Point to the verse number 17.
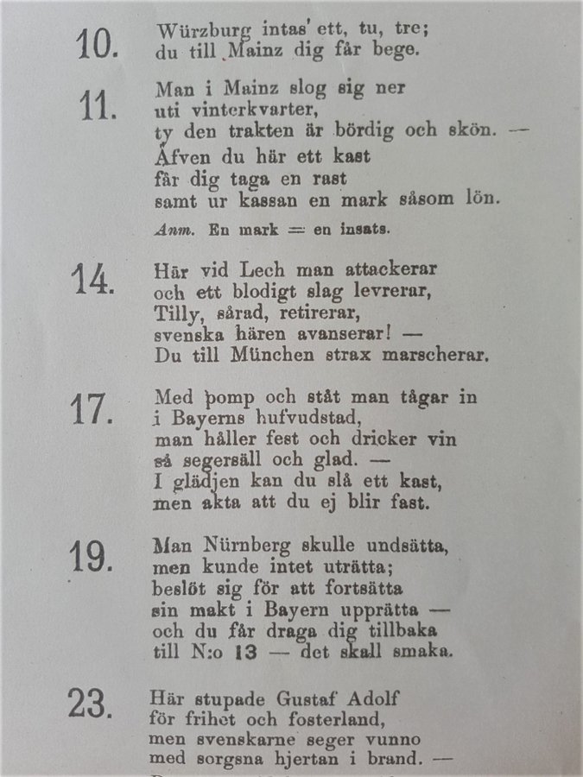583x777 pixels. point(91,409)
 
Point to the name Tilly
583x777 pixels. point(174,313)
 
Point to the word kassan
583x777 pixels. point(261,199)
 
